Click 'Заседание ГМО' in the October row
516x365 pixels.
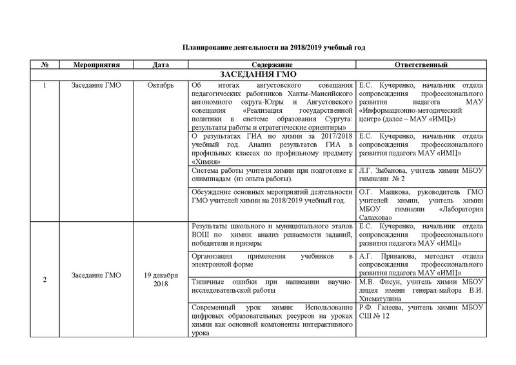point(90,86)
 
